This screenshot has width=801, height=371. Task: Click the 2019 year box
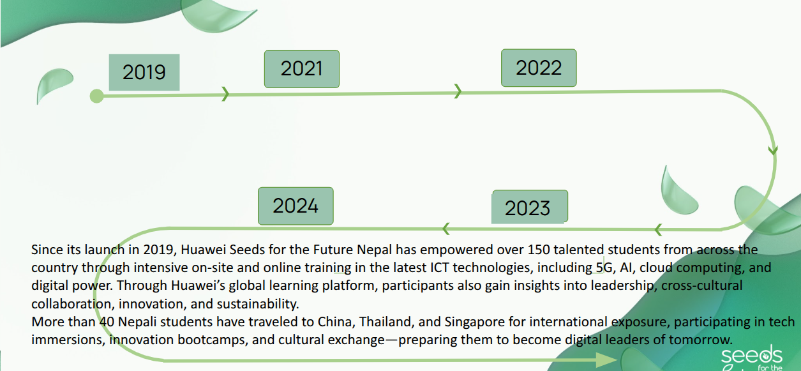click(144, 72)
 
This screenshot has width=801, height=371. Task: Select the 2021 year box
click(302, 69)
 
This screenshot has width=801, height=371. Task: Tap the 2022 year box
click(539, 68)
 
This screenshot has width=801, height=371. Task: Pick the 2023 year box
click(530, 207)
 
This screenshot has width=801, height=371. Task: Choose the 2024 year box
click(296, 206)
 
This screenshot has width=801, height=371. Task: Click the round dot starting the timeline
click(96, 96)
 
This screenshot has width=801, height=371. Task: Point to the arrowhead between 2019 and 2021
click(225, 94)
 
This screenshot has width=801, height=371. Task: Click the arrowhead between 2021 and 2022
click(458, 91)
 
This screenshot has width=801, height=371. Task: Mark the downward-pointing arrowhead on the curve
click(773, 150)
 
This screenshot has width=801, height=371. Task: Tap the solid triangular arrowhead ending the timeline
click(607, 360)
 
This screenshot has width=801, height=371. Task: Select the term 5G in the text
click(604, 268)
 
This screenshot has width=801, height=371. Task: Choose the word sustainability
click(257, 304)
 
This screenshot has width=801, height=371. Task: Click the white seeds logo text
click(752, 355)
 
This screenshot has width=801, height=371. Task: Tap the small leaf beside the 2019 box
click(54, 85)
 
